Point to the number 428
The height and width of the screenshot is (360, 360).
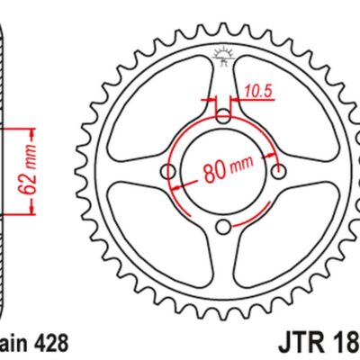(x=47, y=343)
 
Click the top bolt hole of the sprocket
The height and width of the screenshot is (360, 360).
(x=224, y=115)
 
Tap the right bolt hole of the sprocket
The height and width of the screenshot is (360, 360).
(x=281, y=171)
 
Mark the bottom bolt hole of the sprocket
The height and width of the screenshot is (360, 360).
(x=224, y=227)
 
